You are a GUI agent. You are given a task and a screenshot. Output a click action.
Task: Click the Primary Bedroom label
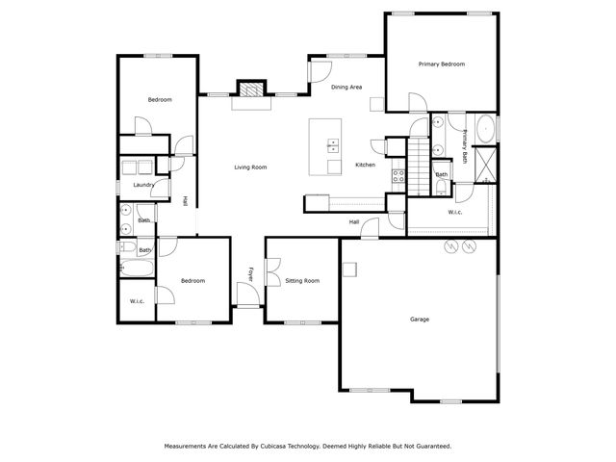(442, 64)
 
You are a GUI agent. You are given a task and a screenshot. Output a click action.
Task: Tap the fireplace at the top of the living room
(250, 90)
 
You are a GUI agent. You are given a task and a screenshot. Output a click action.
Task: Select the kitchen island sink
(333, 146)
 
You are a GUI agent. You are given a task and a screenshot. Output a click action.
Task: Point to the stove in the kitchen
(396, 176)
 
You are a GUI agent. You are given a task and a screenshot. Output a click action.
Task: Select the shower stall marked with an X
(487, 166)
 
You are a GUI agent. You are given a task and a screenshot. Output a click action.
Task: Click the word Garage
(419, 319)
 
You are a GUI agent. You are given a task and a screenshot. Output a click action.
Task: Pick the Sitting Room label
(302, 280)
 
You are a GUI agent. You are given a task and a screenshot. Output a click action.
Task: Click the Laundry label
(144, 184)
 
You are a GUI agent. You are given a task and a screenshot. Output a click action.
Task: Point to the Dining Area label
(346, 88)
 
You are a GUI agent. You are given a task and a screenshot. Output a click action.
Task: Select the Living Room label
(250, 167)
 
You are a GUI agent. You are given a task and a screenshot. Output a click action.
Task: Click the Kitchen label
(365, 165)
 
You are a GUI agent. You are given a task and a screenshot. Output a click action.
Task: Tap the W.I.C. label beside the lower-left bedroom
(137, 301)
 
